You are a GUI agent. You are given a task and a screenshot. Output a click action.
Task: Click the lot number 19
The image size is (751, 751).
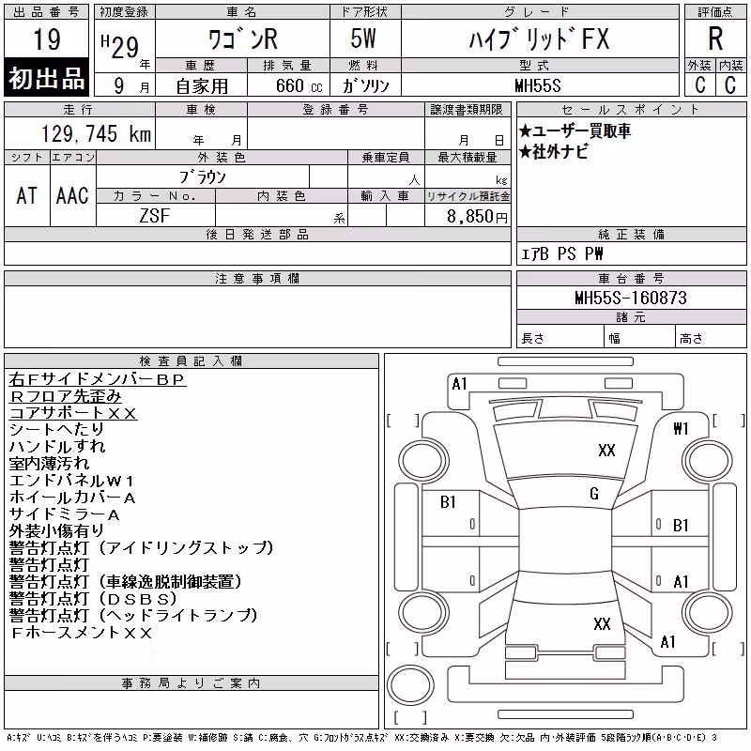(x=47, y=39)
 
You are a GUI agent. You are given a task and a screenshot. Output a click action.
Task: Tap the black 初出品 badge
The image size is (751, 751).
(x=46, y=78)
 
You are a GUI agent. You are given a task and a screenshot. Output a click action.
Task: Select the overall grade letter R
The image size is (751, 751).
(x=715, y=38)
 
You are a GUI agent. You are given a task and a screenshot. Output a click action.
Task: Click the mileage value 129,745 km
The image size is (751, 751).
(x=96, y=134)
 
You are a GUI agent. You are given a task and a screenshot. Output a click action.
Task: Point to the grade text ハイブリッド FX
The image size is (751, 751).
(x=539, y=38)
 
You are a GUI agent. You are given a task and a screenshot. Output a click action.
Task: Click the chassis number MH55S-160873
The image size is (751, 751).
(x=631, y=298)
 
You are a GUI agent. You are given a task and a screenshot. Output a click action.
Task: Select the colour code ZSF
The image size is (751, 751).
(x=154, y=216)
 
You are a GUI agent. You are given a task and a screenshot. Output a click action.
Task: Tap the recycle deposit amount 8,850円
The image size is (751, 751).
(x=477, y=217)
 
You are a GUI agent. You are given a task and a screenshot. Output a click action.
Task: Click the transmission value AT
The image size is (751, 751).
(x=27, y=195)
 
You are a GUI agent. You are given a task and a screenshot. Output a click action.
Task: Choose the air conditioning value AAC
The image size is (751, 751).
(x=72, y=195)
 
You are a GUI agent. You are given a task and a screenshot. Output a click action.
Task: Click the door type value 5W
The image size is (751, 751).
(x=363, y=38)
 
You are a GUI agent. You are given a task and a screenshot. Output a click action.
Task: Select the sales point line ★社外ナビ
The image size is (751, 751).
(x=554, y=152)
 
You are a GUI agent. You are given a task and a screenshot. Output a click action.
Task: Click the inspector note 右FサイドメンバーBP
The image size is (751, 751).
(x=97, y=379)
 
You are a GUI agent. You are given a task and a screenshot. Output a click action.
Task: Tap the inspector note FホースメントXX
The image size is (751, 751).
(x=81, y=633)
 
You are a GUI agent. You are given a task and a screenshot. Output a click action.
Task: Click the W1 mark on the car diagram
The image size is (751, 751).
(x=681, y=429)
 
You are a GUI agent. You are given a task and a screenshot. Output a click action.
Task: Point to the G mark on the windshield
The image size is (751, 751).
(x=594, y=494)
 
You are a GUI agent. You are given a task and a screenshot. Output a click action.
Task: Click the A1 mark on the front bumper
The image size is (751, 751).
(x=459, y=384)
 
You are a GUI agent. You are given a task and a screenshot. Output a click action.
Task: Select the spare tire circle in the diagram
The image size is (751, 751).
(x=410, y=685)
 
